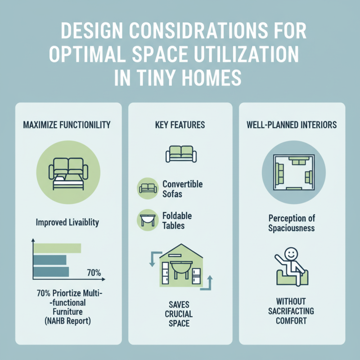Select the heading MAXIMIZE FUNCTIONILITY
coord(67,125)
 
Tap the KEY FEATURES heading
coord(180,125)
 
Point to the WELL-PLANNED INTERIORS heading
coord(292,125)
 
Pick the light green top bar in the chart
coord(57,248)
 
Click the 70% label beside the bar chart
coord(94,272)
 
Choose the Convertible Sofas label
coord(182,189)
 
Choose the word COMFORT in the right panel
coord(292,321)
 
